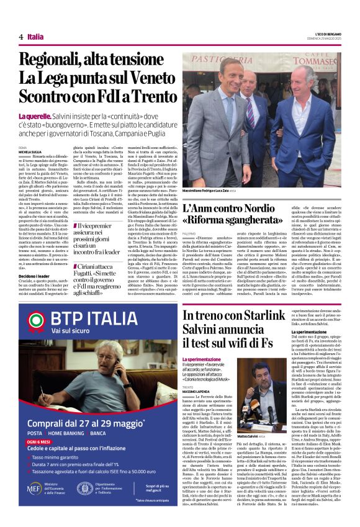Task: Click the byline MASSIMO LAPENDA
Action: [x=198, y=377]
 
